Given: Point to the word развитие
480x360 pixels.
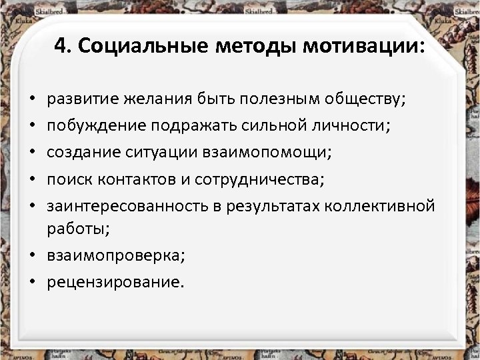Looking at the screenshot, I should click(78, 100).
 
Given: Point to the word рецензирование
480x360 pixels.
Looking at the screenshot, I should click(113, 282).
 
